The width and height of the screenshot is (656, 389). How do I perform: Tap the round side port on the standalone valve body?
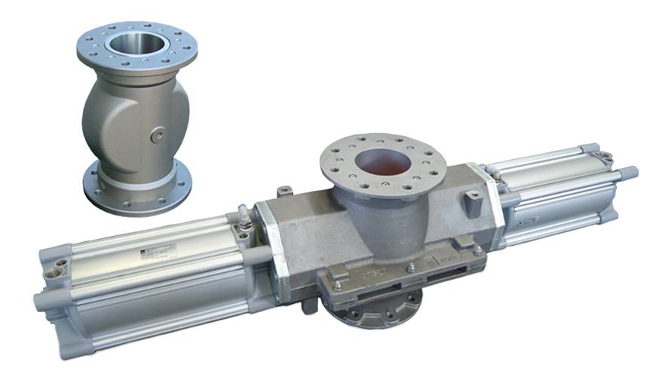[156, 135]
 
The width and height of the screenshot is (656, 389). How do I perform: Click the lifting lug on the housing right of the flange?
[473, 200]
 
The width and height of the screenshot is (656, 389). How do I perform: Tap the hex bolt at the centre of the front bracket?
[412, 266]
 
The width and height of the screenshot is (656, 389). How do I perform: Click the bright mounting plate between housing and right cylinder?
[494, 204]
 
